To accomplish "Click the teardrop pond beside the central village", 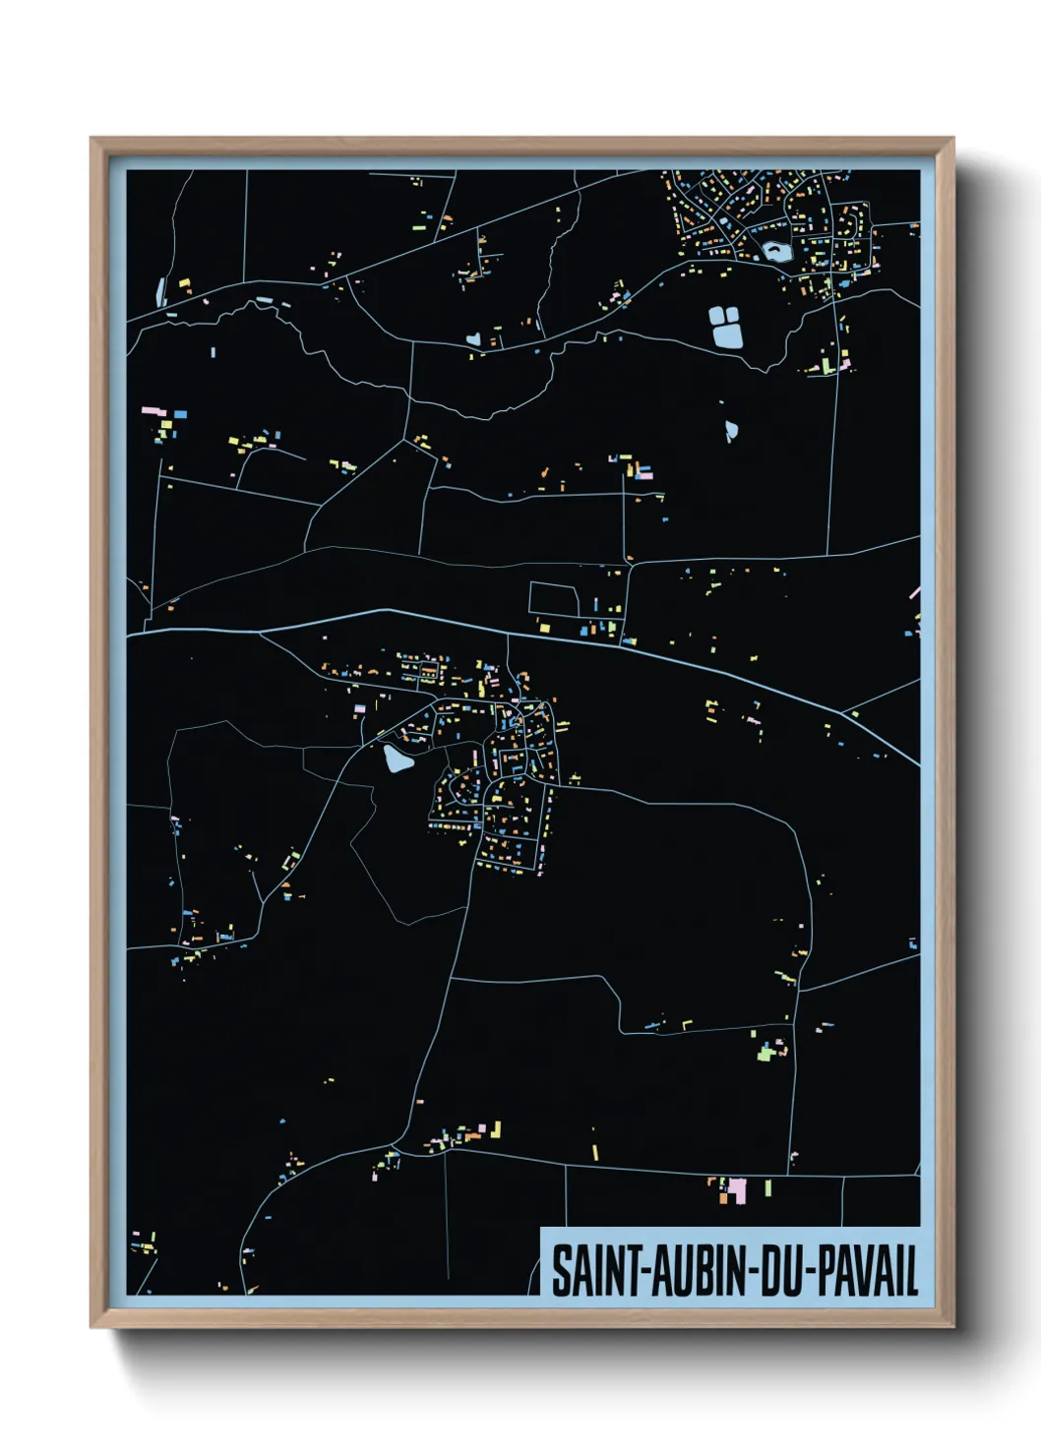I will [396, 758].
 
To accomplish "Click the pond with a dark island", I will [776, 252].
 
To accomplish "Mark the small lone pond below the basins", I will [731, 430].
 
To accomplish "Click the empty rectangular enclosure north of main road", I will [554, 599].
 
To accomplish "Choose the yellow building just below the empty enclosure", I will [543, 627].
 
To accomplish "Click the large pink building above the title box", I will [735, 1189].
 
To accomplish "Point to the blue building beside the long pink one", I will [180, 414].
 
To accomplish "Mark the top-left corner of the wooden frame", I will [92, 140].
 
